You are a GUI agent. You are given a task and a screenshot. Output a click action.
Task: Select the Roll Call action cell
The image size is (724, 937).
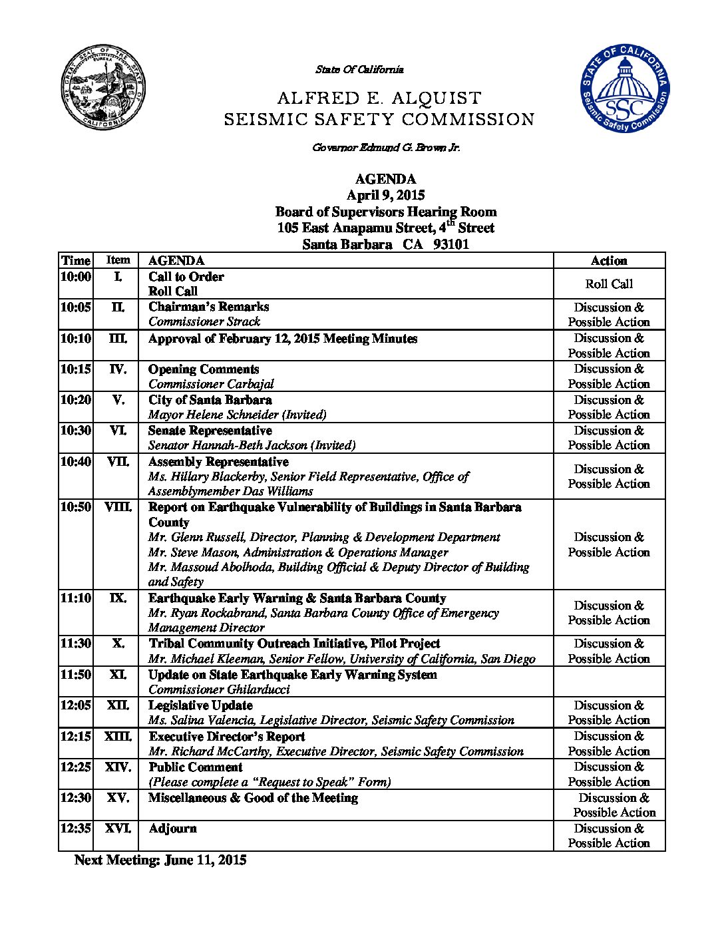pos(609,284)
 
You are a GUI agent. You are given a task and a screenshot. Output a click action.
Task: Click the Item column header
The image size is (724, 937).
pos(118,260)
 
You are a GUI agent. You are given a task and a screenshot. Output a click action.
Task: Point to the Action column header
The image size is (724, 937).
pos(609,261)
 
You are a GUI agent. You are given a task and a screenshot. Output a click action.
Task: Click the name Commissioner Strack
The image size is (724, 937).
pos(204,321)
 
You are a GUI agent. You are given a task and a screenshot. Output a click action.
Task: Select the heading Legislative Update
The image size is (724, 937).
pos(200,705)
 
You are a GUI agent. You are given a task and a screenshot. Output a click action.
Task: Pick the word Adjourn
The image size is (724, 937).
pos(172,829)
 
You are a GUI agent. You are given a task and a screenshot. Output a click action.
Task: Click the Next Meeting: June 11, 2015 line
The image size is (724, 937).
pos(160,860)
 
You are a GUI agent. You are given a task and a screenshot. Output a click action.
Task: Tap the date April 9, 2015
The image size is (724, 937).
pos(385,195)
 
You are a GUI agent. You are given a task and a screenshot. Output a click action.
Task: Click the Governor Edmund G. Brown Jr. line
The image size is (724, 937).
pos(386,147)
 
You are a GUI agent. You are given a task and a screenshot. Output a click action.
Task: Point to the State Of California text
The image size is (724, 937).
pos(359,69)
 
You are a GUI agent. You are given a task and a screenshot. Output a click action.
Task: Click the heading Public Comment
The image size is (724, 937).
pos(195,767)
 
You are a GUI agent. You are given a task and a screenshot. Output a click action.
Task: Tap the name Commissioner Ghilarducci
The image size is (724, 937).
pos(219,689)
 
